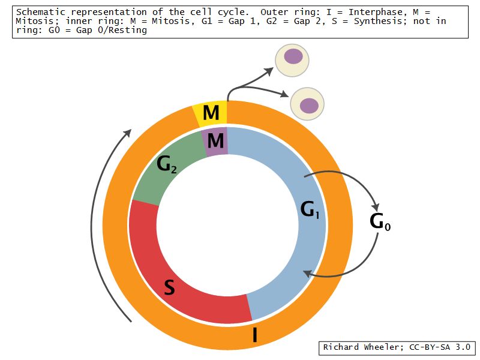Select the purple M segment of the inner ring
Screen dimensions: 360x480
215,142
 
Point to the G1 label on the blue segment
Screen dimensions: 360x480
310,209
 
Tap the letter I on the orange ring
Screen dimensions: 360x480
255,334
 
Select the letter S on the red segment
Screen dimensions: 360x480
170,289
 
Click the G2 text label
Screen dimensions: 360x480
166,164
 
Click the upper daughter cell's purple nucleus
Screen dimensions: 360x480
293,56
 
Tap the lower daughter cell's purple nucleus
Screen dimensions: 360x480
309,106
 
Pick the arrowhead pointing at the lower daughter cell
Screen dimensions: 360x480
286,94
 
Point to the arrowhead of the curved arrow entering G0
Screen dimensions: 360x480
376,202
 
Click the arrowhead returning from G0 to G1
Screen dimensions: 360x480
307,274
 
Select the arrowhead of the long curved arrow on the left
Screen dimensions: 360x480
127,132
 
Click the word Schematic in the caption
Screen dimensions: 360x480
39,12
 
